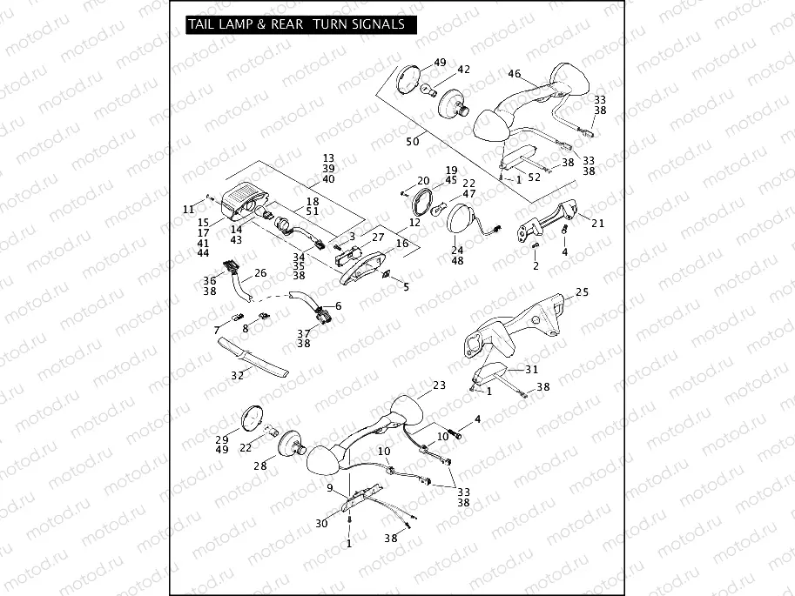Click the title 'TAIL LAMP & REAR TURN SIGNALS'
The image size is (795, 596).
pos(296,24)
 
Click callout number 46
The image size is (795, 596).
pos(515,74)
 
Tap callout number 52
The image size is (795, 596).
pos(534,177)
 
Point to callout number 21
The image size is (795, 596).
pos(597,223)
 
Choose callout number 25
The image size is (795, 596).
pos(582,291)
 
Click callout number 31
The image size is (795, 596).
pos(532,369)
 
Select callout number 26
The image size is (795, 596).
pos(259,273)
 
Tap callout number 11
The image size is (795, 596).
pos(189,209)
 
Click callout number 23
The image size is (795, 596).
pos(438,385)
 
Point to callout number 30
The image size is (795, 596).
pos(322,523)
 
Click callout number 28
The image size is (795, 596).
pos(259,466)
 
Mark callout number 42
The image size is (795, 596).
pos(463,70)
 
